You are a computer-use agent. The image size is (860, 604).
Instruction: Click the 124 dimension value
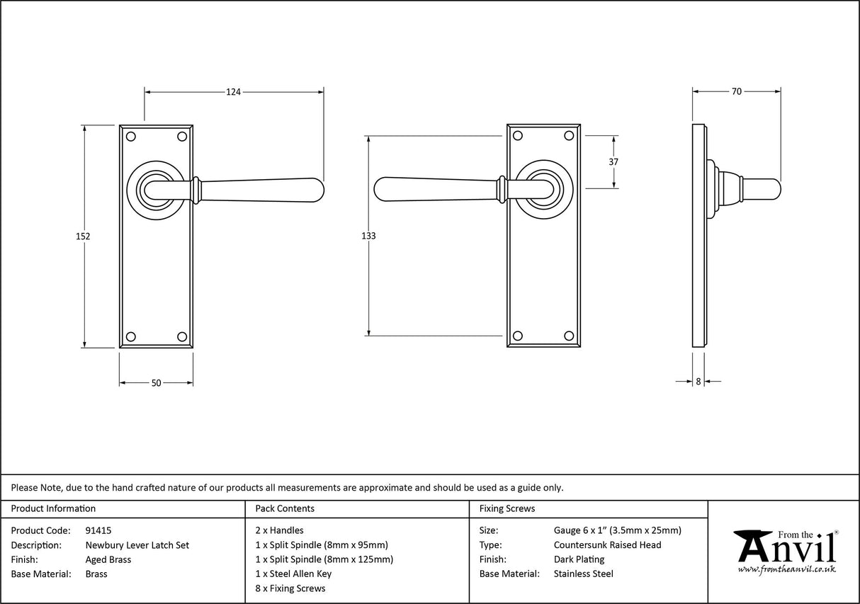[x=234, y=91]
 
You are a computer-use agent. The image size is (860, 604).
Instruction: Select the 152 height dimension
[x=84, y=237]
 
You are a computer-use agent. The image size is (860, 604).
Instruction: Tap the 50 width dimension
[x=157, y=383]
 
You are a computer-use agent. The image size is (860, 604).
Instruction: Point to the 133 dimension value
[x=368, y=236]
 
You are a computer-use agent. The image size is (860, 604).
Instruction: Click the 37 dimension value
[x=613, y=161]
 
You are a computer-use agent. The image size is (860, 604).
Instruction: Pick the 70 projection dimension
[x=736, y=91]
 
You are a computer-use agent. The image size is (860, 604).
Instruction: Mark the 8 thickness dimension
[x=698, y=381]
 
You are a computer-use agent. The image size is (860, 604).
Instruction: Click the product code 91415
[x=98, y=530]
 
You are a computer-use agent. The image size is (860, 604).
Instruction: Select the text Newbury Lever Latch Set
[x=137, y=545]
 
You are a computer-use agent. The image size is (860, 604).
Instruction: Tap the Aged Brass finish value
[x=108, y=559]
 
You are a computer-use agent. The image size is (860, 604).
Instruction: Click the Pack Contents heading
[x=285, y=508]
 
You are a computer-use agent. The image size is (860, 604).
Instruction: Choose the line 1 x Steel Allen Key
[x=293, y=574]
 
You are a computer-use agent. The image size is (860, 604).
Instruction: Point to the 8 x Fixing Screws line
[x=290, y=588]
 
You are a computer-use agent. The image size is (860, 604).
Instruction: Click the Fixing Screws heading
[x=507, y=508]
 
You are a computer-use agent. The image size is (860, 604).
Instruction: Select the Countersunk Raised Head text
[x=607, y=545]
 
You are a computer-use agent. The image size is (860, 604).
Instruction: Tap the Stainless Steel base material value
[x=583, y=574]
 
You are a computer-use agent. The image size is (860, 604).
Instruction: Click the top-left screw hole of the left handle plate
[x=130, y=135]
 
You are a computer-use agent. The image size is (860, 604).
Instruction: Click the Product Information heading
[x=53, y=508]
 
